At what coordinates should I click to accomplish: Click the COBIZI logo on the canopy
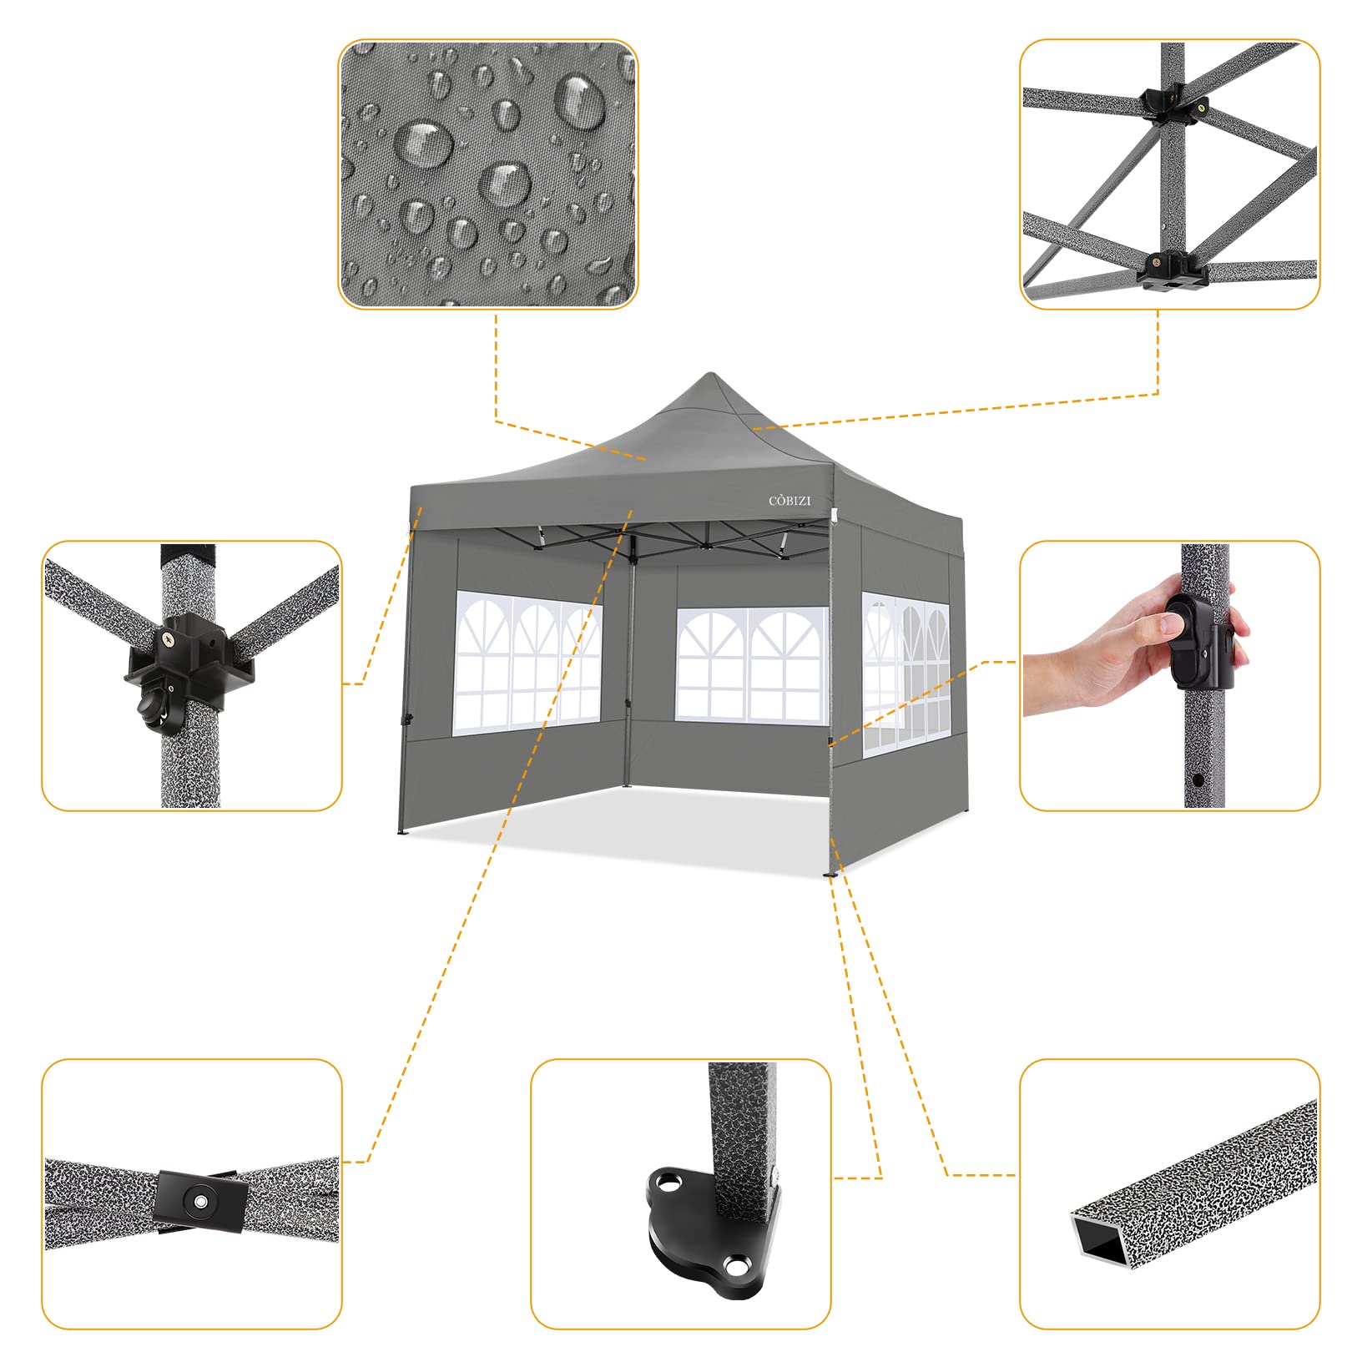[790, 501]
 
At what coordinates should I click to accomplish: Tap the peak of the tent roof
[710, 376]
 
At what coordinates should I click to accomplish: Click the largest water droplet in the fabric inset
[581, 103]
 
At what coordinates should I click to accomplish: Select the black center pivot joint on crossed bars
[200, 1201]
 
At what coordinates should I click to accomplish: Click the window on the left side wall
[527, 663]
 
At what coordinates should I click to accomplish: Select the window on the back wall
[751, 664]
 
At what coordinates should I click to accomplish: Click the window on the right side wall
[906, 674]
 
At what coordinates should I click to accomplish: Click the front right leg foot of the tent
[830, 874]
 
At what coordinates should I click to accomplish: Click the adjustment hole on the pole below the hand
[1198, 779]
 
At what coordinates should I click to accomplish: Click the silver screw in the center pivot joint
[200, 1201]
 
